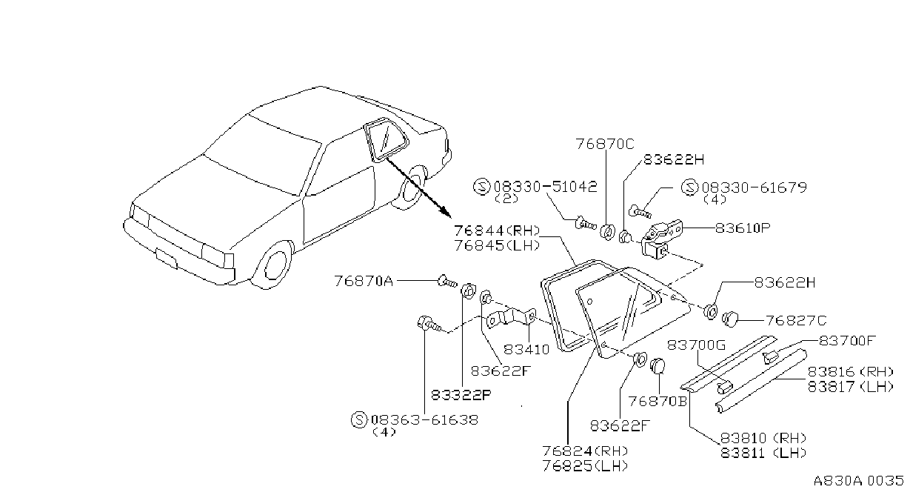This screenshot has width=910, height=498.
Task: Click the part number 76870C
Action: [605, 144]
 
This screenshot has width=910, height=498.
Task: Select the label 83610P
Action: [743, 228]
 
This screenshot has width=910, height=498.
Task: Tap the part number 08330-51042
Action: [546, 187]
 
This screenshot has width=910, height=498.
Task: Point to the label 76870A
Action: [364, 281]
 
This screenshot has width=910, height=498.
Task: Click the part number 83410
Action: [526, 349]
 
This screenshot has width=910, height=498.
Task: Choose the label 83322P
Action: [461, 394]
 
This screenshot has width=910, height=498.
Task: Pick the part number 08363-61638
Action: [425, 419]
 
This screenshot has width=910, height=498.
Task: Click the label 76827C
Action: [796, 321]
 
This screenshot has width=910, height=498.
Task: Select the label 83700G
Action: [697, 345]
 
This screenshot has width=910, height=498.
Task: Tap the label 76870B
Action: [658, 401]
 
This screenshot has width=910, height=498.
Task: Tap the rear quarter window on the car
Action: [386, 140]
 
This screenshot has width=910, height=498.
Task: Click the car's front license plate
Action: [166, 259]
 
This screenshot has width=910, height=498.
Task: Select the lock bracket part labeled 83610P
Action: [661, 240]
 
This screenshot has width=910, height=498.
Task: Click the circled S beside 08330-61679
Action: [690, 187]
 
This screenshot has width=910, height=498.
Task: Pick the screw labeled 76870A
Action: [447, 282]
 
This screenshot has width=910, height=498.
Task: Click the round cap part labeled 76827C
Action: [731, 319]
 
